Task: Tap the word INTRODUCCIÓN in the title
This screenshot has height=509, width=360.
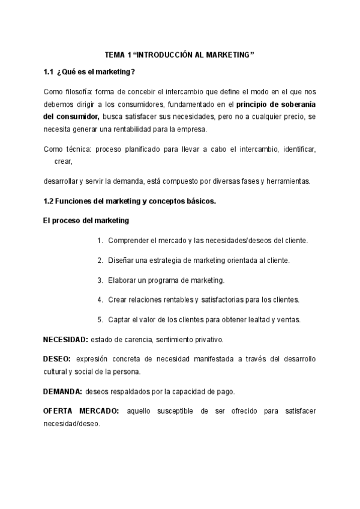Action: pos(163,55)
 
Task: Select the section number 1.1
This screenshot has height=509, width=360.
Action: pos(49,73)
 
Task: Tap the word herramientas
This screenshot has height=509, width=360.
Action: pos(285,181)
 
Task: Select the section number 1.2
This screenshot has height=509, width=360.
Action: pos(49,201)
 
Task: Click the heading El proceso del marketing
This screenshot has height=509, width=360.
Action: pos(86,220)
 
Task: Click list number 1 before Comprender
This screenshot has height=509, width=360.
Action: pos(100,241)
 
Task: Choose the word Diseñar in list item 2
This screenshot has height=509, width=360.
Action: pos(122,261)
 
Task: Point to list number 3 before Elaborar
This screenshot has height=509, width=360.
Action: pos(100,280)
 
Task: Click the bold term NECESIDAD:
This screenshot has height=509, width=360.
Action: pos(66,340)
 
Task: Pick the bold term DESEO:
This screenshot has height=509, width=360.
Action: pos(57,359)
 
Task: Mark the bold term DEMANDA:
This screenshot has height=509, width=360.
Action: pos(62,391)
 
